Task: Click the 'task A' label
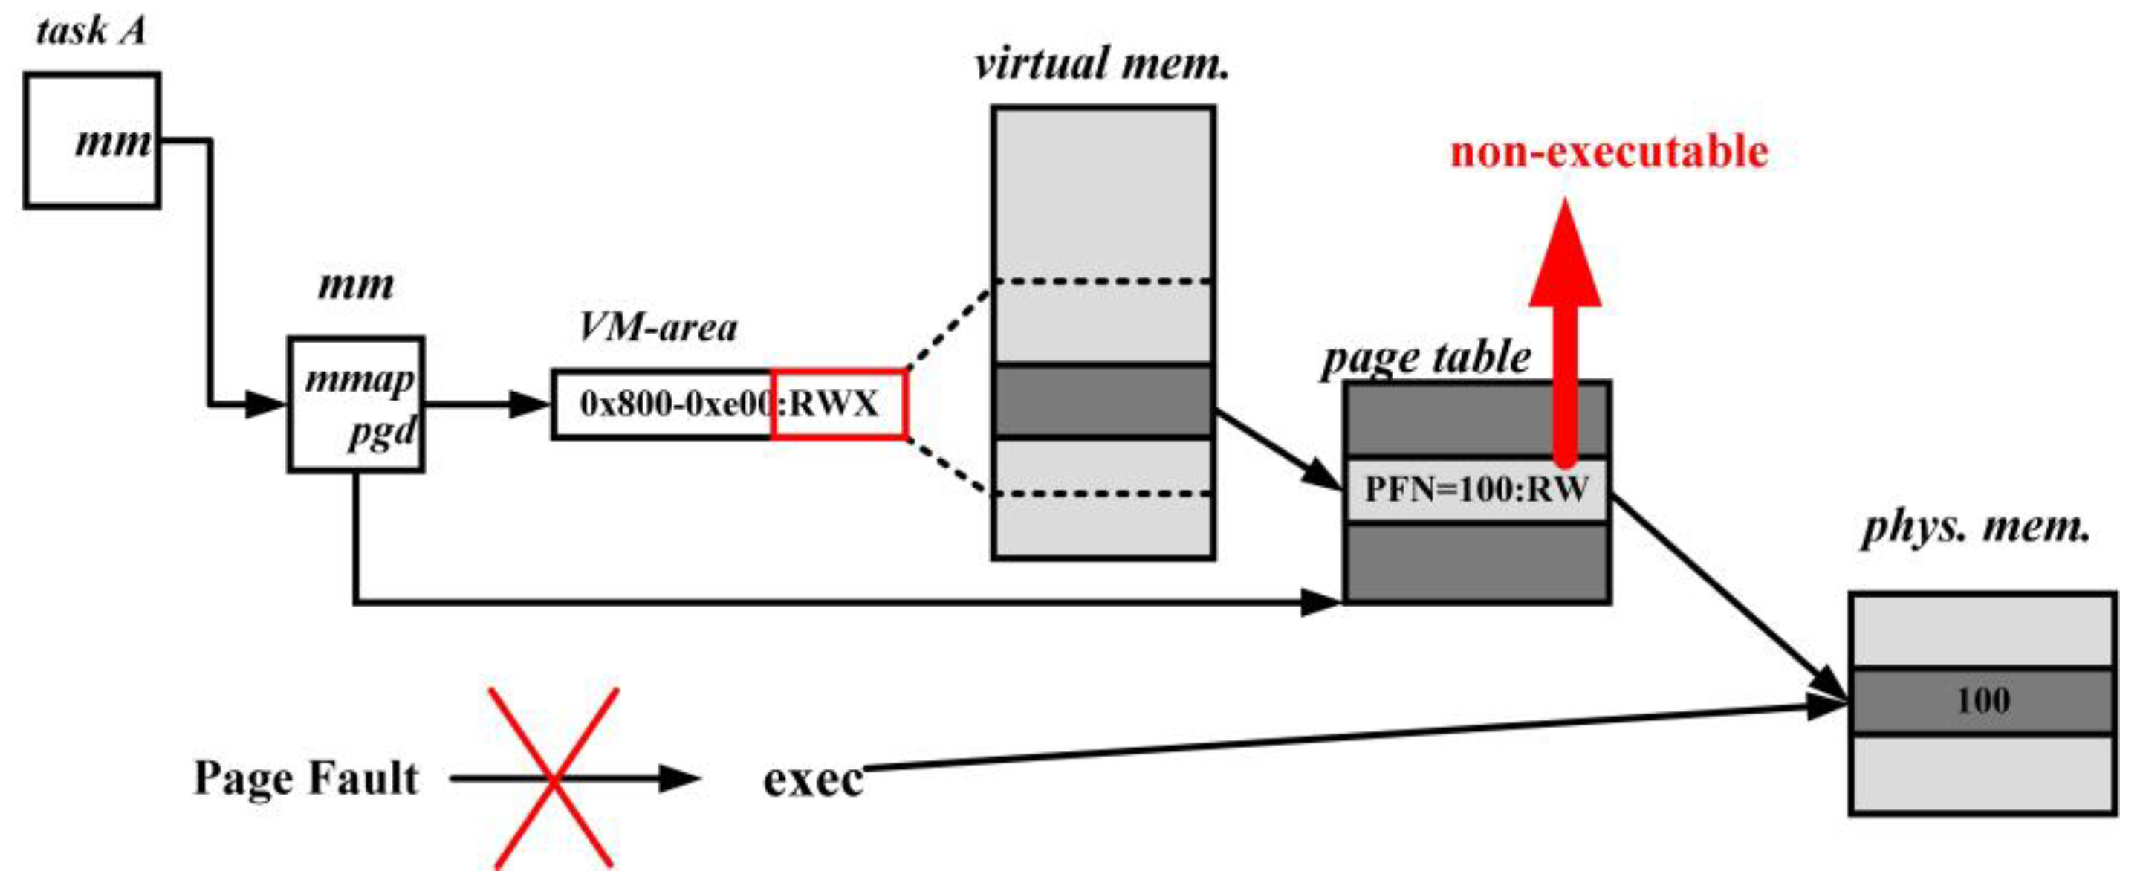pyautogui.click(x=91, y=32)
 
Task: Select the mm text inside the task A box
pyautogui.click(x=114, y=141)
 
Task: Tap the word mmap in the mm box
pyautogui.click(x=360, y=380)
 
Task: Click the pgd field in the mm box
pyautogui.click(x=382, y=432)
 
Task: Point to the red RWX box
pyautogui.click(x=837, y=404)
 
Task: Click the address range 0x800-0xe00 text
pyautogui.click(x=675, y=404)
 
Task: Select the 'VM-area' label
pyautogui.click(x=657, y=327)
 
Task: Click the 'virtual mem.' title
pyautogui.click(x=1101, y=64)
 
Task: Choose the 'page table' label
pyautogui.click(x=1426, y=358)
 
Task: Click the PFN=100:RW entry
pyautogui.click(x=1476, y=489)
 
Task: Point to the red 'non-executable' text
pyautogui.click(x=1609, y=152)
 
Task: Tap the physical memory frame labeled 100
pyautogui.click(x=1983, y=700)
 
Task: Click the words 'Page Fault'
pyautogui.click(x=305, y=779)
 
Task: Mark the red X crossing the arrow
pyautogui.click(x=554, y=779)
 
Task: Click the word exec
pyautogui.click(x=813, y=780)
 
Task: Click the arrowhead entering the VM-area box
pyautogui.click(x=531, y=405)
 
